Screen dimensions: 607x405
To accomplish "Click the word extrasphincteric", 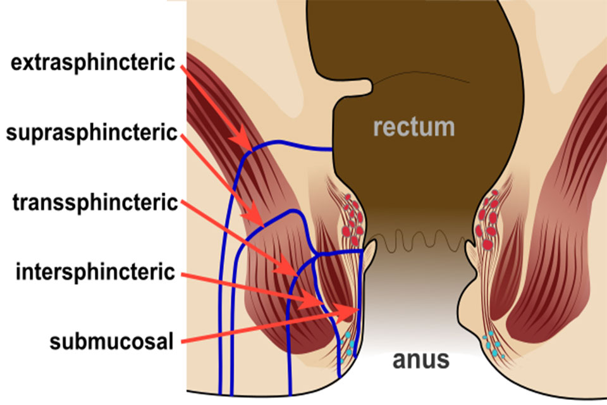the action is tap(93, 63).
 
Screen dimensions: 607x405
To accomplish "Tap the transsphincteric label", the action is tap(95, 202).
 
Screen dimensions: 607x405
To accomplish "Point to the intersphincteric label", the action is tap(95, 272).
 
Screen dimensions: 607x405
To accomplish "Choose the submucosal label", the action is tap(111, 342).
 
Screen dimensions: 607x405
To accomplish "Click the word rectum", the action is tap(414, 127).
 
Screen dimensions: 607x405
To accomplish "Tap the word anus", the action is tap(421, 360).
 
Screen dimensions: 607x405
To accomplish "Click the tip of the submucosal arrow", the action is tap(359, 309).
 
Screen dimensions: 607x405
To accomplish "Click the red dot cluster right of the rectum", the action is tap(487, 220).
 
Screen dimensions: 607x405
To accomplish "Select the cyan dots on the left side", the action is tap(348, 344).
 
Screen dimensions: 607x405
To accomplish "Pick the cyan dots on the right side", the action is tap(493, 344).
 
